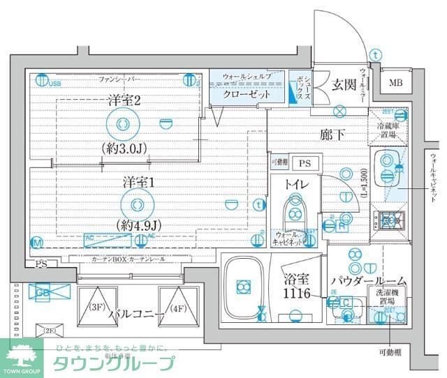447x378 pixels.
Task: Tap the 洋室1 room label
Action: tap(138, 181)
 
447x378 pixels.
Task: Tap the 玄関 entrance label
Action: tap(344, 85)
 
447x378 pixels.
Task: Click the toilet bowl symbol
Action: tap(294, 210)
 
